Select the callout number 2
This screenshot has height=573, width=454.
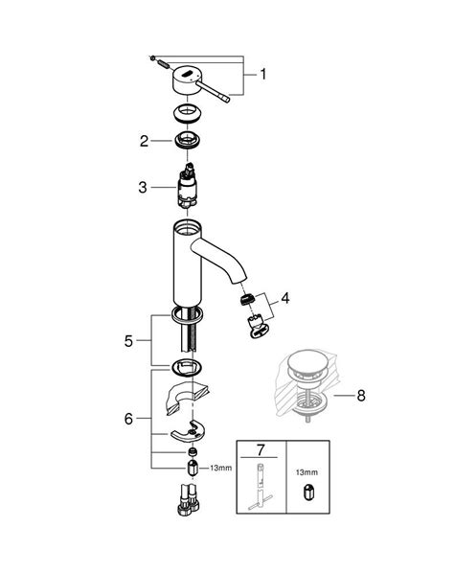point(144,141)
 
